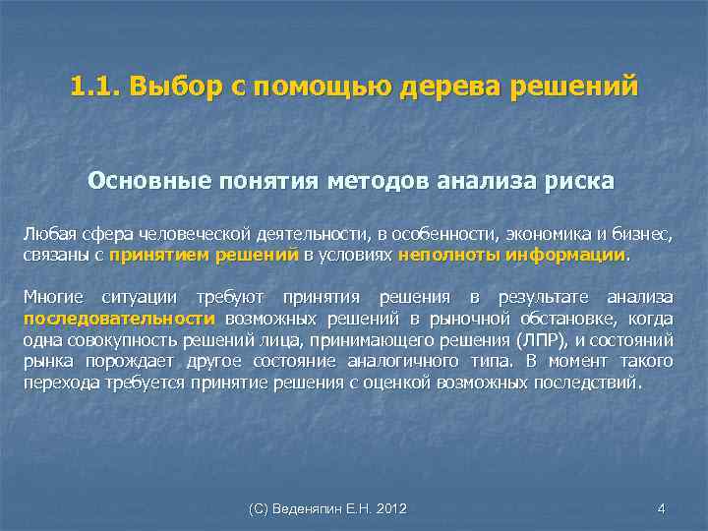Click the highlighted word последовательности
coord(119,319)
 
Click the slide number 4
coord(661,508)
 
